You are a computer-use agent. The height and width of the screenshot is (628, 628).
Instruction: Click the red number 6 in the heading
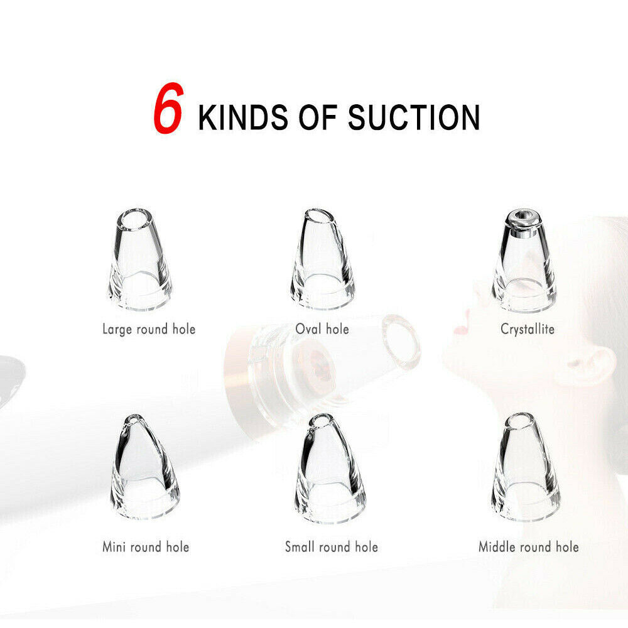click(168, 108)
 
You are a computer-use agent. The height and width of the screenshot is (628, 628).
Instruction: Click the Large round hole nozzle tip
click(140, 259)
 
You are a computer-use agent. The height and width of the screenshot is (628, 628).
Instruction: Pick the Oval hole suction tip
click(322, 259)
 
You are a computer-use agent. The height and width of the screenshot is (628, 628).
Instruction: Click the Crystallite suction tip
click(524, 261)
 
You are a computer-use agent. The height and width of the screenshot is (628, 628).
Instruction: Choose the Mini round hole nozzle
click(144, 467)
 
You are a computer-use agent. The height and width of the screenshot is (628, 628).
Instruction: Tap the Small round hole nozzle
click(330, 468)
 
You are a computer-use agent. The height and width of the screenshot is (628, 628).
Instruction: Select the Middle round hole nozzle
click(525, 467)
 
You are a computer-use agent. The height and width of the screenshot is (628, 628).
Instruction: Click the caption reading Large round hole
click(149, 330)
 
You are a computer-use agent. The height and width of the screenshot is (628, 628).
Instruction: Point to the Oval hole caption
click(322, 329)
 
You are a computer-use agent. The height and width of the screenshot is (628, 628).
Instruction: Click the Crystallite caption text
click(528, 329)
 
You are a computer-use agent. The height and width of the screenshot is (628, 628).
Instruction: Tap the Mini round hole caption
click(146, 547)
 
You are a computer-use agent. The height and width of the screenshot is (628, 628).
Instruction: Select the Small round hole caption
click(332, 547)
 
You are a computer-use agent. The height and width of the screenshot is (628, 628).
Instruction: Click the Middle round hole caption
click(529, 547)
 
